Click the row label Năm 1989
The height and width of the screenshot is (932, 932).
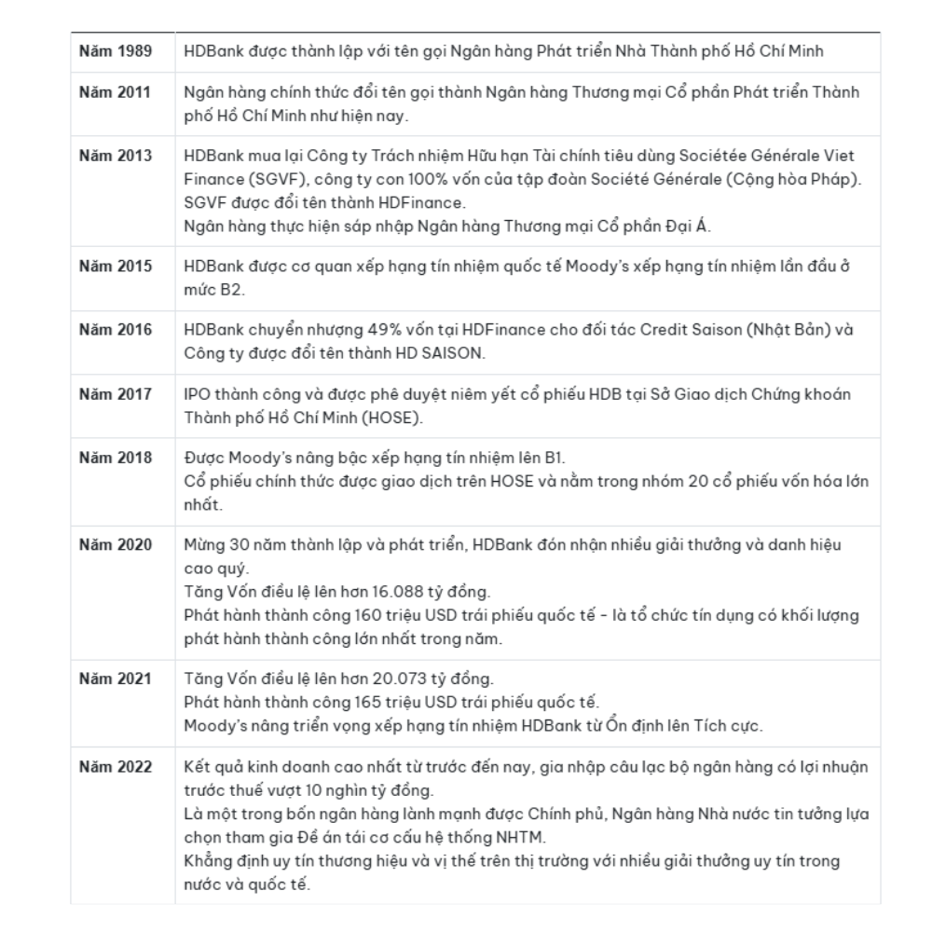(x=116, y=49)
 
